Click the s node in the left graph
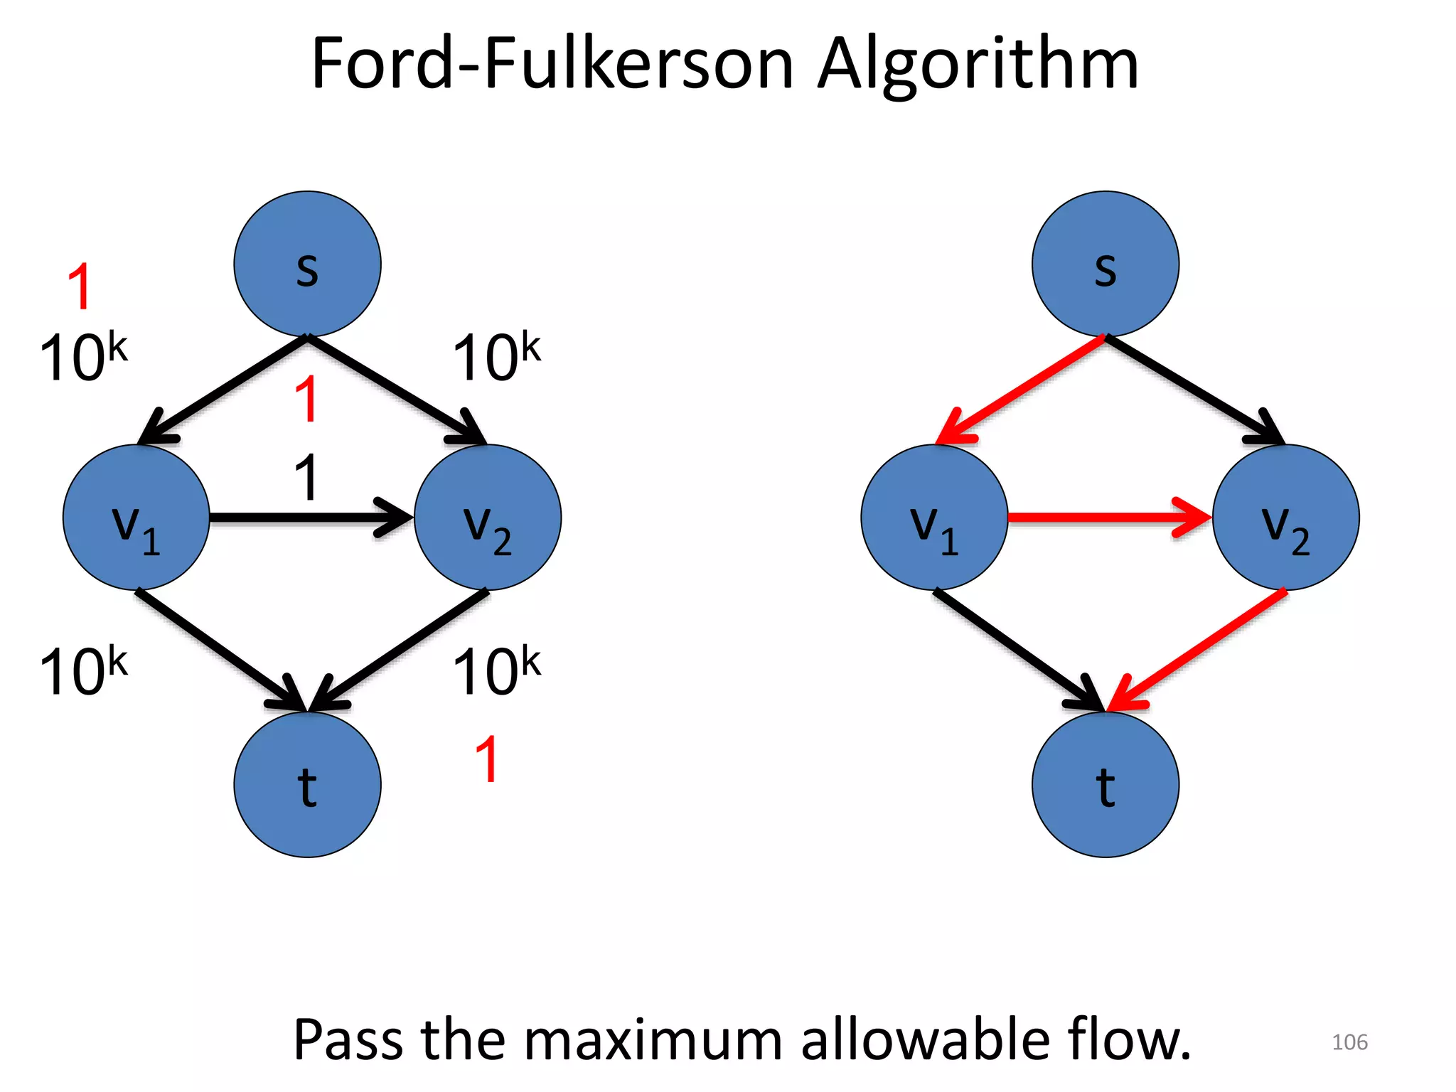(307, 264)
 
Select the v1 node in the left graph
(136, 518)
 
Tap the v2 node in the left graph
(488, 518)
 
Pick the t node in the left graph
(307, 784)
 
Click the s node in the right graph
(1106, 264)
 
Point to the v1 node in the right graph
(934, 518)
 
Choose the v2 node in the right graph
(1286, 518)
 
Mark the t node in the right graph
(1106, 784)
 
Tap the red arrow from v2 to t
(1201, 647)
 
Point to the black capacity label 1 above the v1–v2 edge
(306, 477)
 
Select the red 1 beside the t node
(487, 759)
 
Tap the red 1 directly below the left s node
(306, 399)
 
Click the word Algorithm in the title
(978, 65)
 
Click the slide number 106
(1349, 1042)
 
